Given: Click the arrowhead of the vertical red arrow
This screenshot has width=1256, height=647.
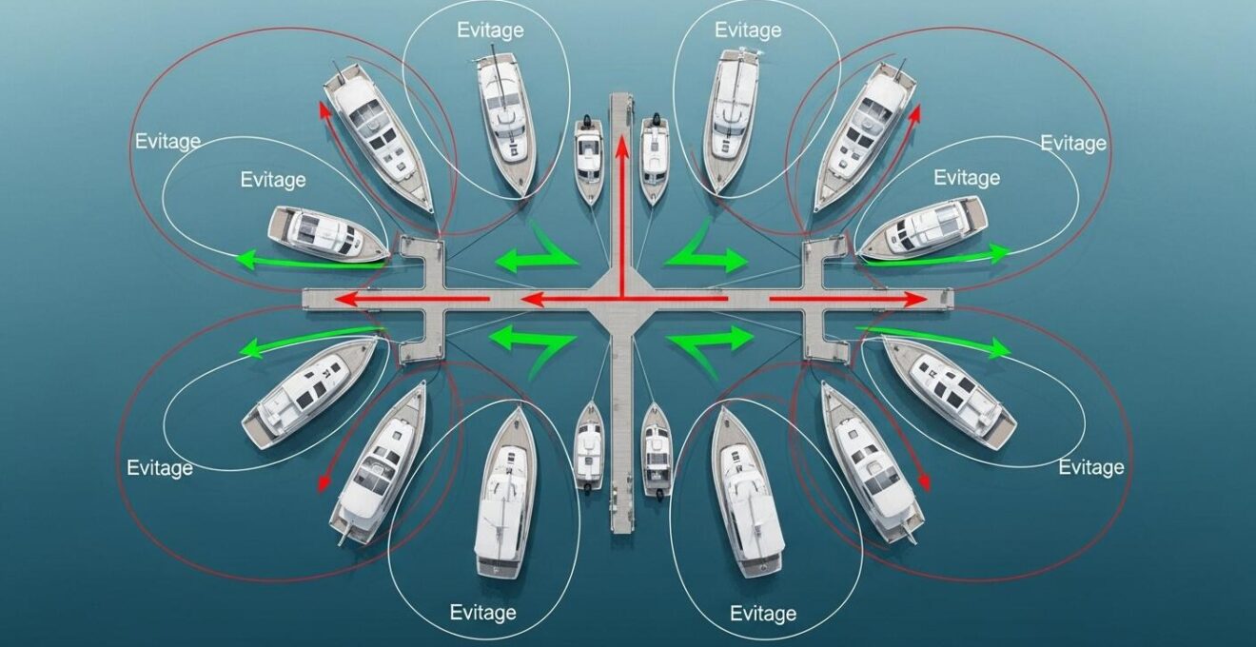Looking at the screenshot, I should coord(621,145).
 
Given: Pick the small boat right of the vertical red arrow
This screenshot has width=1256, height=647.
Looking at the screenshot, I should coord(655,159).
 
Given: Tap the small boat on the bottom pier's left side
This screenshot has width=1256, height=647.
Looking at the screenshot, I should coord(590,447).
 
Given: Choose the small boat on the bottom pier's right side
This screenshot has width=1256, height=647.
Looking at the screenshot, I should coord(657,449).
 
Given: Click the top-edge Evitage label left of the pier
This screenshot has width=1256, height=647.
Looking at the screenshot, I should coord(490,30).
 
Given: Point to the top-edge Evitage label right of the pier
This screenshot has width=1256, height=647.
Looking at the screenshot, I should coord(748,30).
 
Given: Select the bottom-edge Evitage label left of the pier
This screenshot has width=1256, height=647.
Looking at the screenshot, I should coord(482,612).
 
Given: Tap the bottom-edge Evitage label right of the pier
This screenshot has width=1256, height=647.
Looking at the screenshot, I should coord(763,614).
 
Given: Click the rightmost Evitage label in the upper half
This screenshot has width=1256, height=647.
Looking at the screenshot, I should coord(1073,144).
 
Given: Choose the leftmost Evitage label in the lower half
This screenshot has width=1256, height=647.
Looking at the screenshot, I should coord(160,468).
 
